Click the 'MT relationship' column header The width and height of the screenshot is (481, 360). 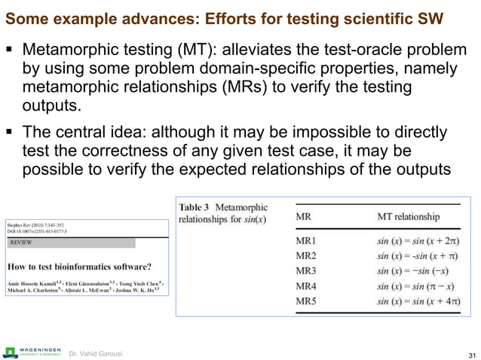(x=408, y=216)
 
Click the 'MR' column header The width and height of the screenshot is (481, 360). (x=303, y=216)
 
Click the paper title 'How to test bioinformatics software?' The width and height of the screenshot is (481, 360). (x=78, y=266)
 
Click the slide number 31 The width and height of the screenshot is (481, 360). (x=472, y=355)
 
